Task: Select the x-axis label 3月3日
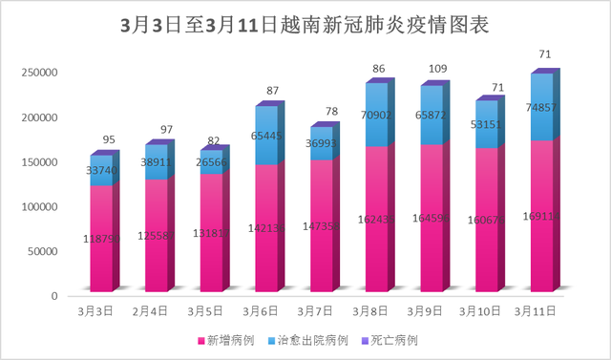(x=96, y=310)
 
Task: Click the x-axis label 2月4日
(x=151, y=310)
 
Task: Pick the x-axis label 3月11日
(x=536, y=310)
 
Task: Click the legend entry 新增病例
(x=219, y=340)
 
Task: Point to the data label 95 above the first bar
(x=109, y=140)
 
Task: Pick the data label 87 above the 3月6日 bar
(x=273, y=91)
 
